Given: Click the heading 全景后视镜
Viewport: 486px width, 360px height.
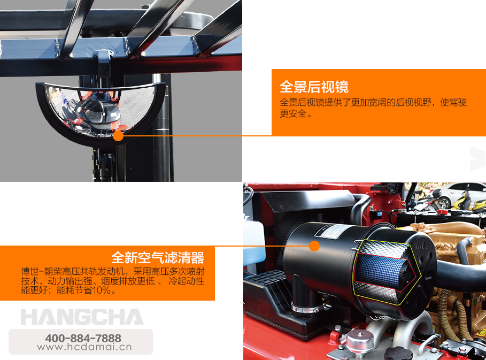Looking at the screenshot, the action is [314, 87].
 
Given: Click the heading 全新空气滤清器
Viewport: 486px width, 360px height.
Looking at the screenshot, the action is [157, 258].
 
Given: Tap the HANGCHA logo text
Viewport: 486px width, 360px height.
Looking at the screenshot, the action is [82, 317].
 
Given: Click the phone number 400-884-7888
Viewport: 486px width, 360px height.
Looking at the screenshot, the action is [83, 338].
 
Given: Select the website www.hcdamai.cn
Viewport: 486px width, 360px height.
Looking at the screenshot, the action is [84, 347].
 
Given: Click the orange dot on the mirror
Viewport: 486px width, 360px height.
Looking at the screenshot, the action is [118, 135].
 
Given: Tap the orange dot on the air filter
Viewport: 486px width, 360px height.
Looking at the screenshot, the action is [314, 246].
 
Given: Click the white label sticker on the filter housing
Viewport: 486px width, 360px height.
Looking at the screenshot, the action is [331, 231].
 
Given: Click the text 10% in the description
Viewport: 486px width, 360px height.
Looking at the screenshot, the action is [101, 290].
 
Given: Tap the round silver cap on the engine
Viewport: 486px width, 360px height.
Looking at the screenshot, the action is [359, 342].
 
